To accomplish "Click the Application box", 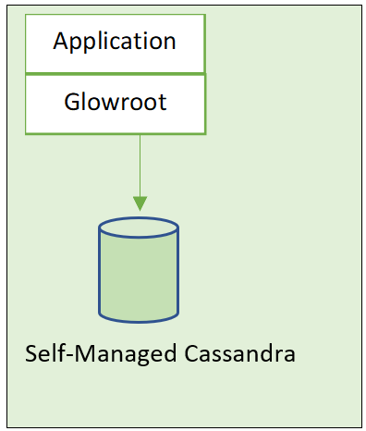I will click(x=115, y=41).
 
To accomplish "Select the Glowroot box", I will click(x=115, y=102).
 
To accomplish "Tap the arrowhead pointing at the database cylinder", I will click(x=140, y=202).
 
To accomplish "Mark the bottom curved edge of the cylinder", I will click(x=139, y=320).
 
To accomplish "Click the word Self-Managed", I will click(x=98, y=355).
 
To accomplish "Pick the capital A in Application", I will click(x=61, y=41).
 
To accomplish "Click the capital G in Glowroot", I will click(x=72, y=101).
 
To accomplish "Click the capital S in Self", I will click(x=32, y=355).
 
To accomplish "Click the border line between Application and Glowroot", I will click(x=115, y=73).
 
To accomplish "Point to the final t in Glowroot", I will click(x=163, y=101).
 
